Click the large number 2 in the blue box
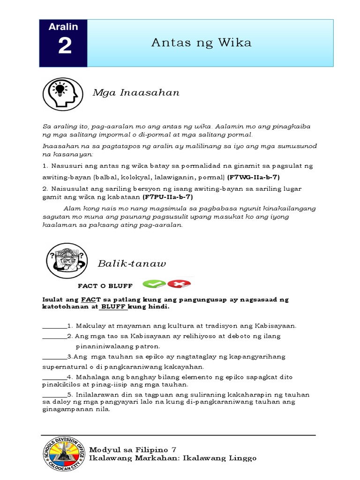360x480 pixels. coord(65,47)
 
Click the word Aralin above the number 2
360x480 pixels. coord(63,27)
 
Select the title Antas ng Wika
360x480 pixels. coord(201,43)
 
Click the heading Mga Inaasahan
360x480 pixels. coord(136,92)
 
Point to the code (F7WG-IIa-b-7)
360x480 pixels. coord(254,177)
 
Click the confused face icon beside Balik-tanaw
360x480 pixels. coord(66,261)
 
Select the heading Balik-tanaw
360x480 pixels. coord(132,264)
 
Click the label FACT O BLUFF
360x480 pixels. coord(105,285)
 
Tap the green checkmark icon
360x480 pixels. coord(154,284)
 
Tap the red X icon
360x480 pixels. coord(179,284)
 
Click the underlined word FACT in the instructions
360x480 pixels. coord(89,299)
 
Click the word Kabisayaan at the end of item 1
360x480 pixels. coord(276,326)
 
